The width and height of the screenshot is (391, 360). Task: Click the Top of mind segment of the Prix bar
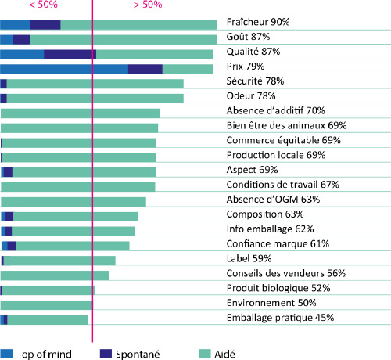point(64,69)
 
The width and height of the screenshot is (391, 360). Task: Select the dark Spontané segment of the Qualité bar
point(70,54)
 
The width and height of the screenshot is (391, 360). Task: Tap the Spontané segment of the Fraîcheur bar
point(45,25)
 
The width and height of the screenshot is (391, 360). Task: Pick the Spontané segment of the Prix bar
point(145,69)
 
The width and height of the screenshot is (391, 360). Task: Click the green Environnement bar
point(47,305)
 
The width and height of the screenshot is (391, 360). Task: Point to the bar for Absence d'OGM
point(74,202)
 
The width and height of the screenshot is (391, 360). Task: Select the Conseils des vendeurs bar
point(55,275)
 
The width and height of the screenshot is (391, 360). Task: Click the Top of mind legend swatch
point(6,354)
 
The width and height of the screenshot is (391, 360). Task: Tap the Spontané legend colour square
point(106,354)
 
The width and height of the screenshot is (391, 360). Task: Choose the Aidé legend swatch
point(205,354)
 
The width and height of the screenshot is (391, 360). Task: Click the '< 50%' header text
point(44,5)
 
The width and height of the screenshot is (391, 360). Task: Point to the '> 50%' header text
point(148,5)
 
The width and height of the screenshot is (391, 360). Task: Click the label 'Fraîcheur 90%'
point(258,22)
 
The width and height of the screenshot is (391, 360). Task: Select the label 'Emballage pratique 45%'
point(280,318)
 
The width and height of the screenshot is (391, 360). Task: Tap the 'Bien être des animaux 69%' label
point(286,125)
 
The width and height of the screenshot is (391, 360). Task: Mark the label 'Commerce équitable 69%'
point(284,140)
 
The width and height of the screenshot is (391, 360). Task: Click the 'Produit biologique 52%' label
point(278,288)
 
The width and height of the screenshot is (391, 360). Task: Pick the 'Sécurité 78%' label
point(255,81)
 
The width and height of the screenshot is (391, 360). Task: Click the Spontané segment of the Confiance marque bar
point(12,246)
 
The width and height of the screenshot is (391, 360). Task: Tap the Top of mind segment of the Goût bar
point(6,40)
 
